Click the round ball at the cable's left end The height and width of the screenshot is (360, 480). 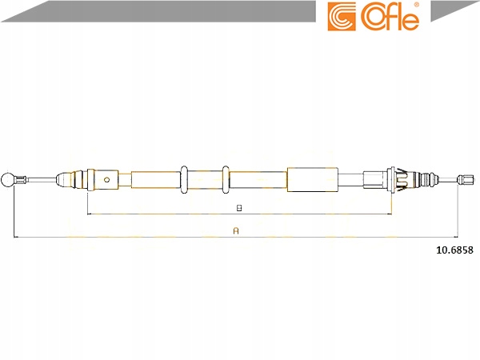7,180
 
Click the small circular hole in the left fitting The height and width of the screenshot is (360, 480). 106,180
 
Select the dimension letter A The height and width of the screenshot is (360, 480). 236,231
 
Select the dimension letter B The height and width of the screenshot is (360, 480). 239,208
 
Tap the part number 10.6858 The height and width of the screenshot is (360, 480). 454,250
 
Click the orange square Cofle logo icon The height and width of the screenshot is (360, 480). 342,17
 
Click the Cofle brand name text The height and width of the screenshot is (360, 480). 390,18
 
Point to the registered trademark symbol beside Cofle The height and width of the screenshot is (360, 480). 416,5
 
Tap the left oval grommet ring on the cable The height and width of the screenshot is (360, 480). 184,180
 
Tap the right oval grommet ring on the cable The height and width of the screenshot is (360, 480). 226,180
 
